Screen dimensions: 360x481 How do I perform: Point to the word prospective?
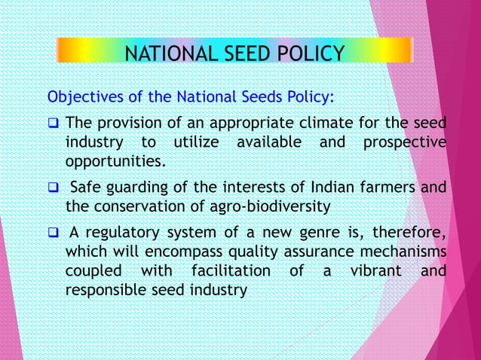tap(403, 142)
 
